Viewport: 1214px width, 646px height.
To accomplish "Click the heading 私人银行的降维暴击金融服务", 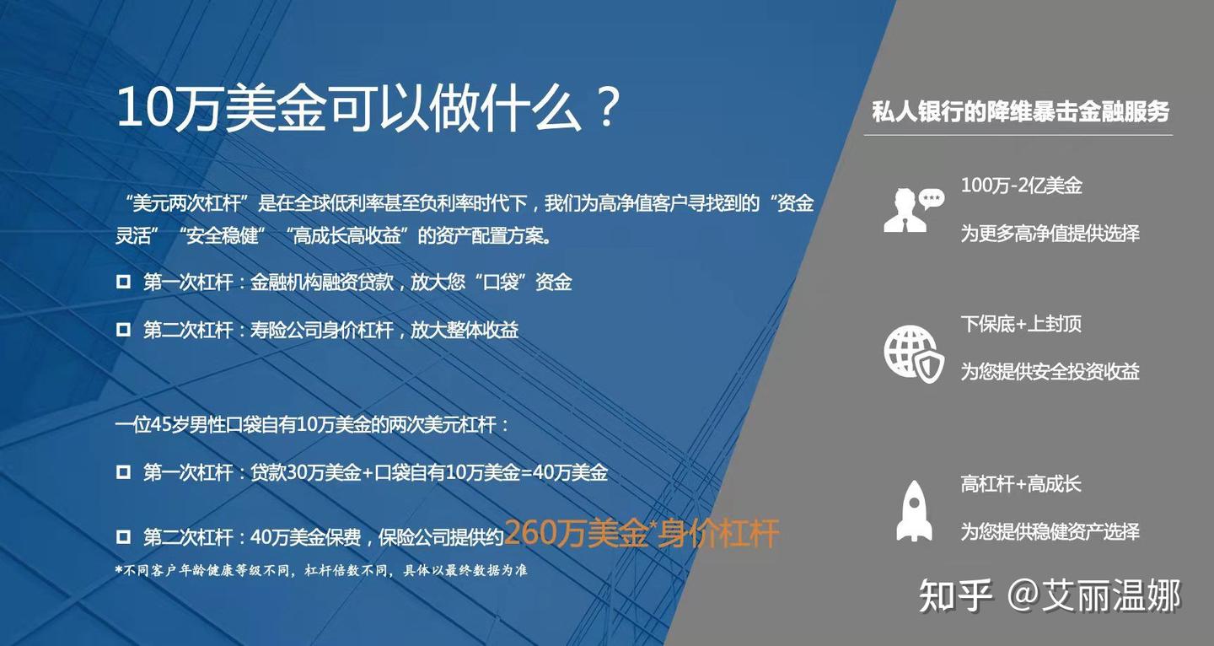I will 1020,111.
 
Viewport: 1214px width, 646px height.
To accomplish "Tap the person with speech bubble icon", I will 913,209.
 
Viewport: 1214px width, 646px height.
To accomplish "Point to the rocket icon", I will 914,510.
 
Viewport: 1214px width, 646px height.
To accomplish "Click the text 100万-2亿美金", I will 1021,186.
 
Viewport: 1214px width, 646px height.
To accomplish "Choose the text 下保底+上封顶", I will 1020,324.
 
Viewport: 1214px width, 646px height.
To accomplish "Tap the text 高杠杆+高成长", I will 1020,484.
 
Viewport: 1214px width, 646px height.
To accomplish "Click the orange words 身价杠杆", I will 718,534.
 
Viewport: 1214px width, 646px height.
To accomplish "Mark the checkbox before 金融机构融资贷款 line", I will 123,282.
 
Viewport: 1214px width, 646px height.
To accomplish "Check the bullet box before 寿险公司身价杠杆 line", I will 123,330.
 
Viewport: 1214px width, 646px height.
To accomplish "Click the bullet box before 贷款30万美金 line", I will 123,472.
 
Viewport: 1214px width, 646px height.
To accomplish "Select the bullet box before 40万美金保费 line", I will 123,536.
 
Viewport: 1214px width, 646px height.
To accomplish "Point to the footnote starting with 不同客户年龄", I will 321,571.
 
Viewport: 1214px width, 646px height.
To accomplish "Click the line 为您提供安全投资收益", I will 1050,371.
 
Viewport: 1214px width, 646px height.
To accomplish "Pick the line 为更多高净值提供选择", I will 1050,233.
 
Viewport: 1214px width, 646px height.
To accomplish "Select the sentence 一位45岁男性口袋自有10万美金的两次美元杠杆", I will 312,424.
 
